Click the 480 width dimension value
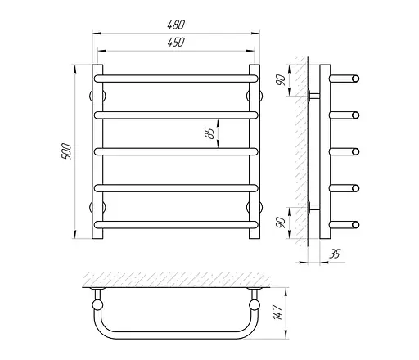coord(176,25)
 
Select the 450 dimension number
coord(176,43)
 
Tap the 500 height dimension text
coord(66,151)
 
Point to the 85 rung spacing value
coord(210,133)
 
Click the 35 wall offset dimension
coord(335,254)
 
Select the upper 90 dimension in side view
coord(281,79)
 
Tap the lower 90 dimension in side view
coord(281,223)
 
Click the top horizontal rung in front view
coord(176,79)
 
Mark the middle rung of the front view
coord(176,151)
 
